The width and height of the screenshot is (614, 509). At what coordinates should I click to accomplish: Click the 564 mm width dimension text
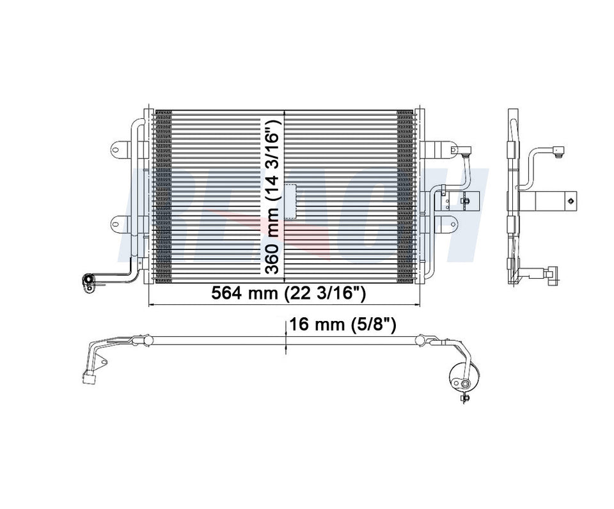[288, 294]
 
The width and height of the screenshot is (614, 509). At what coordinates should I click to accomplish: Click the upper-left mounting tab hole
[116, 151]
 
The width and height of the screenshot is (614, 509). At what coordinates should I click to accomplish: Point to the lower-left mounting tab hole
[116, 223]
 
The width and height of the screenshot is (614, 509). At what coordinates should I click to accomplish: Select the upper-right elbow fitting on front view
[465, 152]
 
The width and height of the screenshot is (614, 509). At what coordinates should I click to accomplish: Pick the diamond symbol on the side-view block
[567, 201]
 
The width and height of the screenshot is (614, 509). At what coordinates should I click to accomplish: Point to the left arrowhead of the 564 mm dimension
[151, 305]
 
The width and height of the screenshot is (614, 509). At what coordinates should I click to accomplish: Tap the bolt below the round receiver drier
[463, 399]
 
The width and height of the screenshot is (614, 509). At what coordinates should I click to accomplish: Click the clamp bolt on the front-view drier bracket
[466, 203]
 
